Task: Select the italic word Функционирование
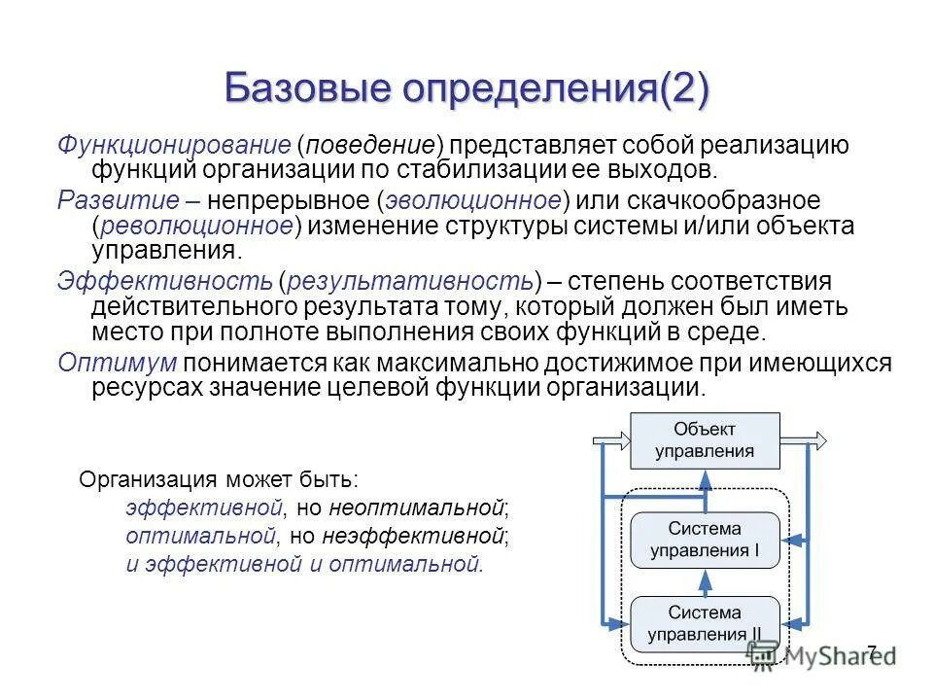(x=174, y=146)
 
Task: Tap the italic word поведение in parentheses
(x=370, y=146)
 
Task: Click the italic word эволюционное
(x=470, y=201)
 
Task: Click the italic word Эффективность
(x=164, y=282)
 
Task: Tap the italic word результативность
(x=409, y=282)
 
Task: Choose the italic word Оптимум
(x=117, y=363)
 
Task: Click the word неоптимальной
(x=418, y=507)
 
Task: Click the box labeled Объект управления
(x=705, y=439)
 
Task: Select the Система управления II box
(x=705, y=624)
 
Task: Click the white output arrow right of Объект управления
(x=804, y=439)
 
